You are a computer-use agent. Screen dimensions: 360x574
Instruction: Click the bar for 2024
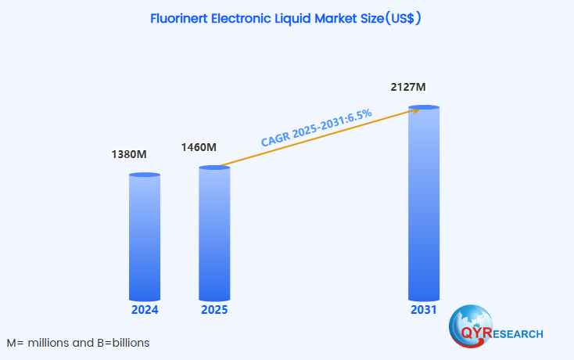pyautogui.click(x=145, y=237)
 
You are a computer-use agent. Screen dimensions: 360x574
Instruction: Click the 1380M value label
pyautogui.click(x=130, y=154)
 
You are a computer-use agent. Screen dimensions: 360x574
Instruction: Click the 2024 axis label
pyautogui.click(x=145, y=310)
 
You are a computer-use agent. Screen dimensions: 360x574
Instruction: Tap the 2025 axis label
pyautogui.click(x=214, y=310)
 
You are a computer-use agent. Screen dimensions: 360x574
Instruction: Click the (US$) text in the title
pyautogui.click(x=404, y=18)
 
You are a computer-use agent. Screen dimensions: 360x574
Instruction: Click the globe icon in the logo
pyautogui.click(x=470, y=320)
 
